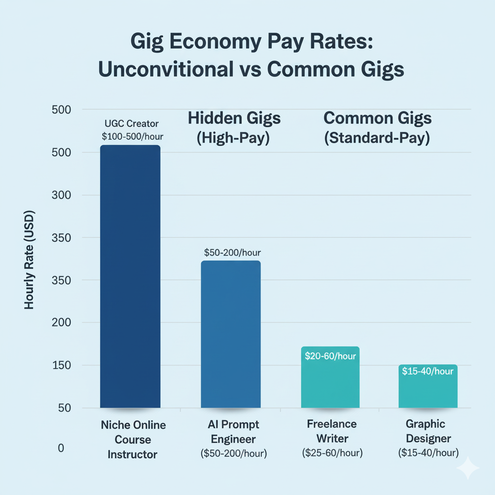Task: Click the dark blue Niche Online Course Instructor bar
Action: tap(130, 277)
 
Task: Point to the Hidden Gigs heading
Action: tap(234, 118)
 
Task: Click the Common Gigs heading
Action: tap(377, 118)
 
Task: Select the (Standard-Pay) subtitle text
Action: tap(377, 138)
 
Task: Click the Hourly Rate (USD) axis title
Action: tap(29, 260)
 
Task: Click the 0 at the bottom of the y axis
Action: tap(61, 448)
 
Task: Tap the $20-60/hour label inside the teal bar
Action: tap(331, 357)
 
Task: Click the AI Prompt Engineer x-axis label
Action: tap(233, 432)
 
